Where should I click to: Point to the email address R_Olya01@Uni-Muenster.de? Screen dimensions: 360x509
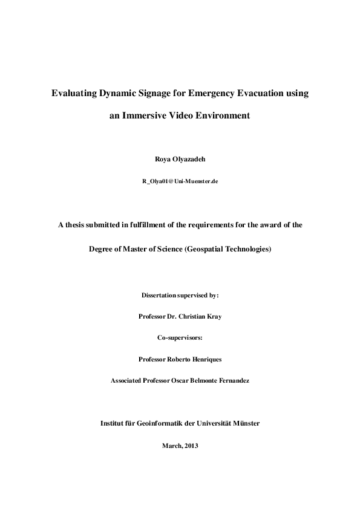180,181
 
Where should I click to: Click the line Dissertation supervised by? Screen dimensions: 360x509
180,295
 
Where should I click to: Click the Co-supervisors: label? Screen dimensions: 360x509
180,337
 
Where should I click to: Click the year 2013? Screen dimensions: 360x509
191,446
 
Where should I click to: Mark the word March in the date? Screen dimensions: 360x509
171,446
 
